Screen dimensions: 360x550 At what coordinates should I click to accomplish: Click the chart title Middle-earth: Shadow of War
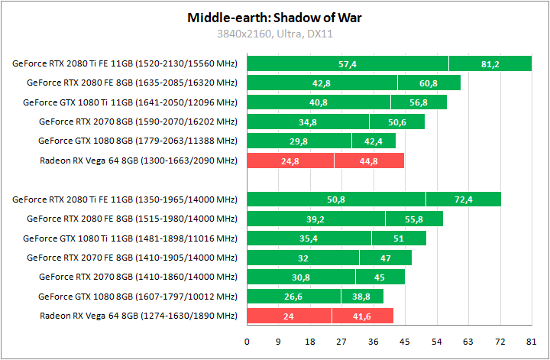[274, 18]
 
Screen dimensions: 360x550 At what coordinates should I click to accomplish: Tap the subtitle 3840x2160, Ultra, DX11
[274, 34]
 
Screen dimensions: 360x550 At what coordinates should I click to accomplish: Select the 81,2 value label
[490, 64]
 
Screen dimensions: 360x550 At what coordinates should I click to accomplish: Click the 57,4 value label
[348, 64]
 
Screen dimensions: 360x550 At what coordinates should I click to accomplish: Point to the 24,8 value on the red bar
[290, 161]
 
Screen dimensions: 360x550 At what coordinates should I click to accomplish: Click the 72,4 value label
[464, 199]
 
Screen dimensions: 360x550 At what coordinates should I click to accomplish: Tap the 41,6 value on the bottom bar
[362, 316]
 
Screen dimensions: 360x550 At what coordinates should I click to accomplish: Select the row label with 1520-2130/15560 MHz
[125, 63]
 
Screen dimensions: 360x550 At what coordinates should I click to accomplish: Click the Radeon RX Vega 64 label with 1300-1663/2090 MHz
[138, 161]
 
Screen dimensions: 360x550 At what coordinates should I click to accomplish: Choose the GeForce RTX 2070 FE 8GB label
[131, 258]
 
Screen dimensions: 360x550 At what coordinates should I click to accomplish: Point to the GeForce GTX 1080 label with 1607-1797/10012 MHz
[137, 297]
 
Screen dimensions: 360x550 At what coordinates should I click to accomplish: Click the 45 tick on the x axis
[406, 342]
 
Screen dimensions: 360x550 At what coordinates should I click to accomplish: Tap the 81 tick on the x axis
[531, 342]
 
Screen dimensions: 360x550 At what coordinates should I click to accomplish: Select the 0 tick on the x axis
[247, 342]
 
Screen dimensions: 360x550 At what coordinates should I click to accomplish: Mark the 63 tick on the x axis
[468, 342]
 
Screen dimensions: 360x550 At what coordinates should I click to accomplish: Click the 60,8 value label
[429, 83]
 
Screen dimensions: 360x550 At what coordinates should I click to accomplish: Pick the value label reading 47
[386, 258]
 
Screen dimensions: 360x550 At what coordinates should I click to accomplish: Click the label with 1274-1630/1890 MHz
[138, 316]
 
